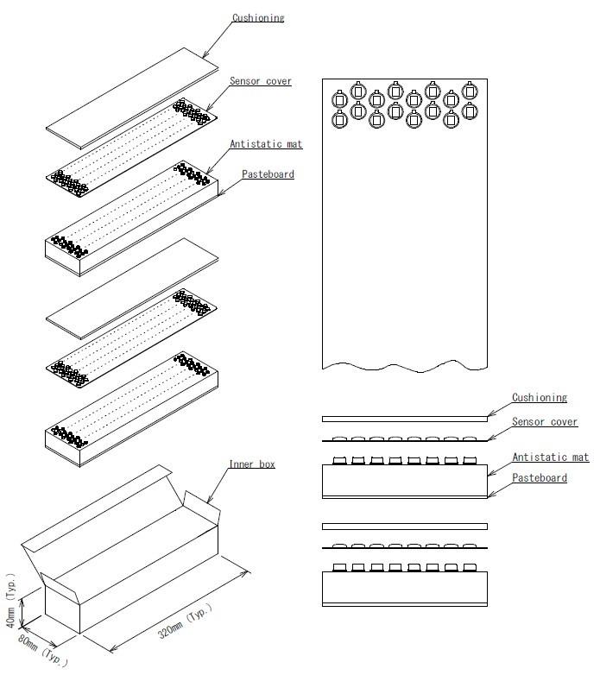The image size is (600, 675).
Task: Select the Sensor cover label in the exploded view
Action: [x=260, y=81]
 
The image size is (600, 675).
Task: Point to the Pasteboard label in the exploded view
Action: [x=268, y=174]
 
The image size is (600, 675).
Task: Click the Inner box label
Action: [x=252, y=464]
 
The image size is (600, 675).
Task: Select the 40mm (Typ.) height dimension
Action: [x=11, y=601]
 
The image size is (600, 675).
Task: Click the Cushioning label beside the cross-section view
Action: [x=540, y=398]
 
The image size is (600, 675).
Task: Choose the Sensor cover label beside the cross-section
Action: [x=545, y=422]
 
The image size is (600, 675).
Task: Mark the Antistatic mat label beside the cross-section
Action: [x=550, y=457]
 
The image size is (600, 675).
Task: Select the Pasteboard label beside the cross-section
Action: [x=540, y=478]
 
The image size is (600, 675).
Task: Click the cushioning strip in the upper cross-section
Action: [x=404, y=419]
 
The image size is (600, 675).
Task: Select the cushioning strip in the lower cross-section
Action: [x=404, y=527]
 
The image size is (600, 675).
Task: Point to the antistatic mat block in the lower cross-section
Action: [x=404, y=587]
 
